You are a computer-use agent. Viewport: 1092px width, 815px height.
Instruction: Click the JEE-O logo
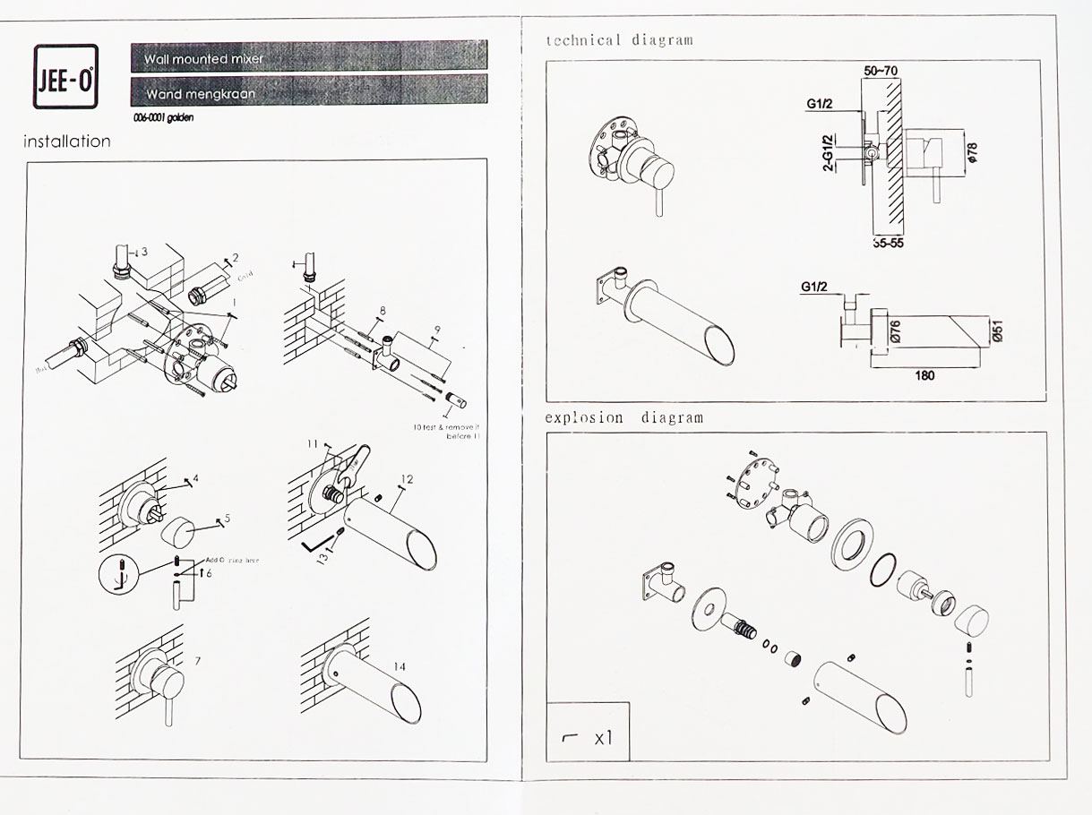pyautogui.click(x=65, y=77)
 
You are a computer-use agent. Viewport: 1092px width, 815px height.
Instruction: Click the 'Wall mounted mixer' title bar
pyautogui.click(x=309, y=57)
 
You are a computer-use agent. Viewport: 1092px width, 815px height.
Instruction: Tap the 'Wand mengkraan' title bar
pyautogui.click(x=309, y=91)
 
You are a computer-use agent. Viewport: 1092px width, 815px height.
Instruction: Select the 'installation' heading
pyautogui.click(x=67, y=142)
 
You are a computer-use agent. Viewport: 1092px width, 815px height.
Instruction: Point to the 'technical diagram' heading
pyautogui.click(x=619, y=39)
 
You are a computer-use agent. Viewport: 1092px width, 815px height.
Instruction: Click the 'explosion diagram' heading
pyautogui.click(x=624, y=417)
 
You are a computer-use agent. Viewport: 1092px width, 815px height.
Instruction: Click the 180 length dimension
pyautogui.click(x=925, y=375)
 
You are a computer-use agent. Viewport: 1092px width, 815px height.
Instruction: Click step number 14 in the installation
pyautogui.click(x=400, y=667)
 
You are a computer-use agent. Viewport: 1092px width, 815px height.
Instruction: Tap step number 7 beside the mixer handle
pyautogui.click(x=197, y=661)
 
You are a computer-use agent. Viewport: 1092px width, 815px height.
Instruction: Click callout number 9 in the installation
pyautogui.click(x=436, y=329)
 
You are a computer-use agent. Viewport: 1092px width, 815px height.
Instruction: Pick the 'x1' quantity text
pyautogui.click(x=603, y=739)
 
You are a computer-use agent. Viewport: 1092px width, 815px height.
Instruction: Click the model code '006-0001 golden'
pyautogui.click(x=162, y=117)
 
